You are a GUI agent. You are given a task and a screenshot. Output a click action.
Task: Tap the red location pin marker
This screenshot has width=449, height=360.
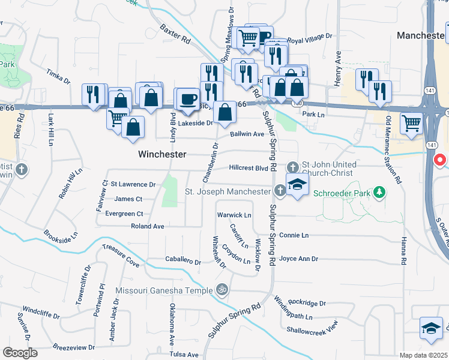(439, 161)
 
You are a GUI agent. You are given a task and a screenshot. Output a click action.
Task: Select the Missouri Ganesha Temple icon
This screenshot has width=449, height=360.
(221, 290)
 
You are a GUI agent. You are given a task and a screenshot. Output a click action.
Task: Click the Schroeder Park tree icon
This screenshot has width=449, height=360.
(379, 192)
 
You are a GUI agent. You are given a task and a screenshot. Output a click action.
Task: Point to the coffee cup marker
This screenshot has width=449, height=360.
(188, 98)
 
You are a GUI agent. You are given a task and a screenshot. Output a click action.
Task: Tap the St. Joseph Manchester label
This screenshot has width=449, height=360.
(228, 192)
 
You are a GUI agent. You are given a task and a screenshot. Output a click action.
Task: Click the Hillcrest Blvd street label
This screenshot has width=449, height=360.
(249, 169)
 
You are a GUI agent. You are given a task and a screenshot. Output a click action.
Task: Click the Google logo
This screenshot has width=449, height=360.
(20, 353)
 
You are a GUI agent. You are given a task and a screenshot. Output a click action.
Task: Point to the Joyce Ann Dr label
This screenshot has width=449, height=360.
(298, 259)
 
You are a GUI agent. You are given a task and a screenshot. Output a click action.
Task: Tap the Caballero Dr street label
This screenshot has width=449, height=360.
(183, 261)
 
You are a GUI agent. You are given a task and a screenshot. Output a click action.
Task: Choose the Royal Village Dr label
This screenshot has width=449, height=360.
(310, 38)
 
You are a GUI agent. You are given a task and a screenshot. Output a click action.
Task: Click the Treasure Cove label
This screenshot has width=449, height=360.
(121, 255)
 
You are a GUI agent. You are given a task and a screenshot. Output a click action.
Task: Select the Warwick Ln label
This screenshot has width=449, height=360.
(234, 215)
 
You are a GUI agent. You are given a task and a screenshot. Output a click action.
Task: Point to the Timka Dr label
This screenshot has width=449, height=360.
(59, 76)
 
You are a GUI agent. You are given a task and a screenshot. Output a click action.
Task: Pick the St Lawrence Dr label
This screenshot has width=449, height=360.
(133, 184)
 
